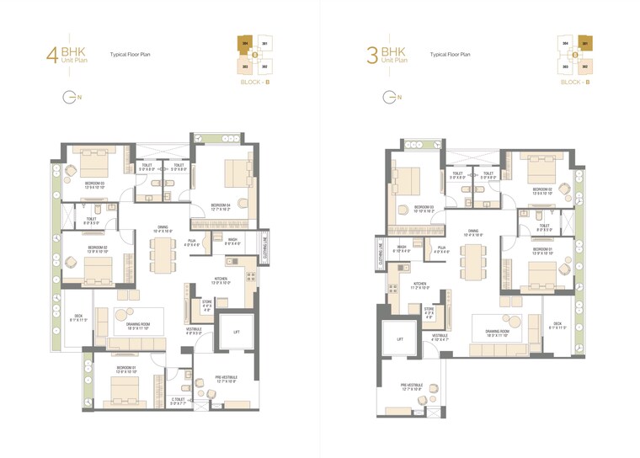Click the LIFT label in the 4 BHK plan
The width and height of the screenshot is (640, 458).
coord(237,330)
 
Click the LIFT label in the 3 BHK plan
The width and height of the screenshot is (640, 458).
coord(400,338)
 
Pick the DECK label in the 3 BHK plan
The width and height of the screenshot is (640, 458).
coord(557,324)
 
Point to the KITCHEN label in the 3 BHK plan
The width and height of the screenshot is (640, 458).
coord(420,285)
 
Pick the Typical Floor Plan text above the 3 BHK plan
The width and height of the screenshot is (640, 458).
coord(450,54)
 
